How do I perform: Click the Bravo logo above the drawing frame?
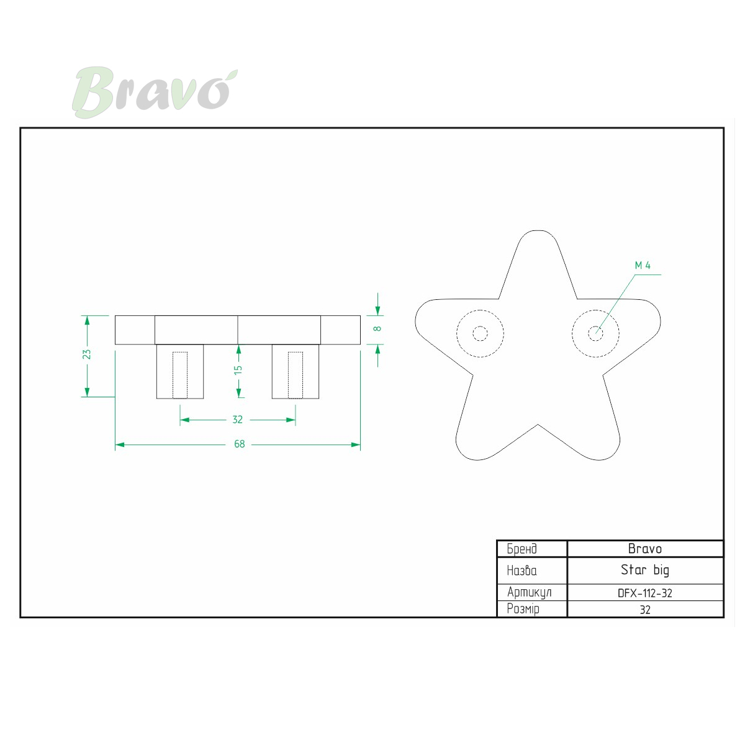tap(155, 92)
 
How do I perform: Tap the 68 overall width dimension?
tap(239, 444)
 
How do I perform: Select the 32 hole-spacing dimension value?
tap(237, 420)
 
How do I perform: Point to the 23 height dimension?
tap(86, 354)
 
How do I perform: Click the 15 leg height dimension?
tap(238, 369)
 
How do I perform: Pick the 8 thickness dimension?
tap(377, 328)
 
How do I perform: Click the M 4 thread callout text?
tap(643, 265)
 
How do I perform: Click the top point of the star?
tap(538, 231)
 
